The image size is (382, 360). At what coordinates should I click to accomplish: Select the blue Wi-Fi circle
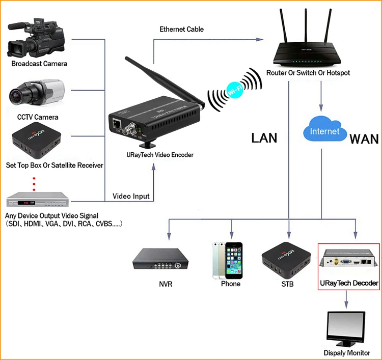coord(235,90)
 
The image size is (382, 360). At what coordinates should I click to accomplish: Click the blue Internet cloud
coord(325,129)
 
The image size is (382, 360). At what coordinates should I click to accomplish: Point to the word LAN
coord(264,138)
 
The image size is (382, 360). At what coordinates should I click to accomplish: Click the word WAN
coord(364,139)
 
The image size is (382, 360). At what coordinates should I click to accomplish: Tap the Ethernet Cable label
coord(181,29)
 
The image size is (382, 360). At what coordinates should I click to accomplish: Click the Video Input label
coord(131,196)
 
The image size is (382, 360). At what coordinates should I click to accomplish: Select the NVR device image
coord(160,259)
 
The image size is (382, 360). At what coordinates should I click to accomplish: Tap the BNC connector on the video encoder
coord(129,129)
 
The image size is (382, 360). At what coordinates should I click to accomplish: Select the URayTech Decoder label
coord(349,283)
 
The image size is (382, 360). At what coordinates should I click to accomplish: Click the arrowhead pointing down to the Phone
coord(231,235)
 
